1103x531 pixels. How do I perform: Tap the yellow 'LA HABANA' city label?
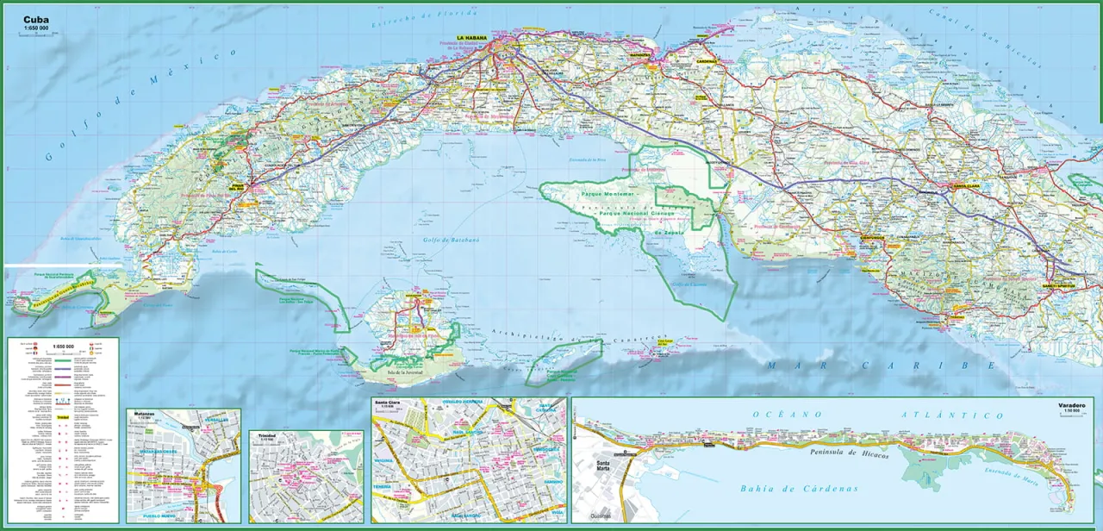(x=472, y=38)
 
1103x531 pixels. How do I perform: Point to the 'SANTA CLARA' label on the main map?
(x=961, y=185)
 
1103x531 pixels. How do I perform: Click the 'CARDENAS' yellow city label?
(x=707, y=61)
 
